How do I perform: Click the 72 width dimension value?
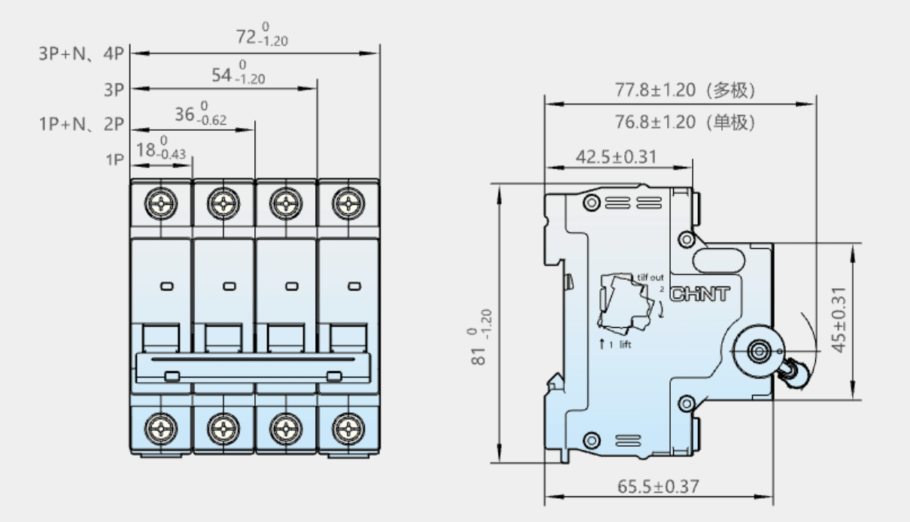(x=262, y=35)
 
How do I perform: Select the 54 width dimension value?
(x=238, y=72)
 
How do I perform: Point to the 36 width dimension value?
(x=201, y=113)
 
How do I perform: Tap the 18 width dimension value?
(x=161, y=148)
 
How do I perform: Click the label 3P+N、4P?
(x=81, y=53)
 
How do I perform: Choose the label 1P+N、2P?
(x=81, y=124)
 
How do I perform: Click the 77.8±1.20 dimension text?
(x=655, y=90)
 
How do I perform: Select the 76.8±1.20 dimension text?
(x=655, y=122)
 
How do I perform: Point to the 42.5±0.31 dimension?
(x=616, y=156)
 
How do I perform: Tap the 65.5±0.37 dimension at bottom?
(x=658, y=486)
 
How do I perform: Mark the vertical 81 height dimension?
(x=479, y=337)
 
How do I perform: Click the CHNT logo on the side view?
(x=699, y=294)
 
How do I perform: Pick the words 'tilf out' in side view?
(x=650, y=278)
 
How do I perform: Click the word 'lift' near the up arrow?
(x=625, y=344)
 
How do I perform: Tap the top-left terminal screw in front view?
(x=161, y=203)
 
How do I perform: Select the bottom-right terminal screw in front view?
(x=348, y=429)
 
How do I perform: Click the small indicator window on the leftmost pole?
(x=167, y=287)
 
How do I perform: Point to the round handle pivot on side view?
(x=759, y=351)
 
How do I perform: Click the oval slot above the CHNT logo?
(x=718, y=260)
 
